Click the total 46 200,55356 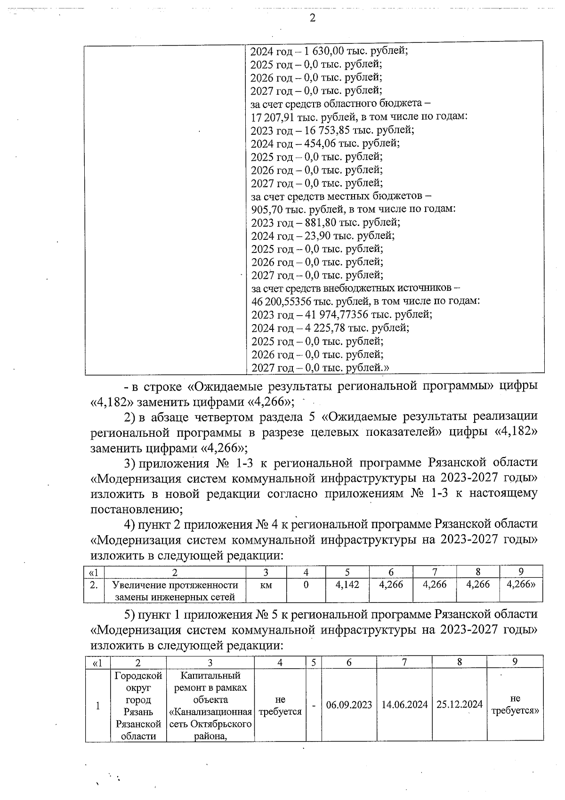[285, 301]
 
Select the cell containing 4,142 [347, 585]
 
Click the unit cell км [266, 585]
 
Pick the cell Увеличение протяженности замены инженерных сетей [175, 591]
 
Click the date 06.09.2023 [349, 705]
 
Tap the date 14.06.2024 [404, 705]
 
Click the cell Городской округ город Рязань [138, 705]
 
